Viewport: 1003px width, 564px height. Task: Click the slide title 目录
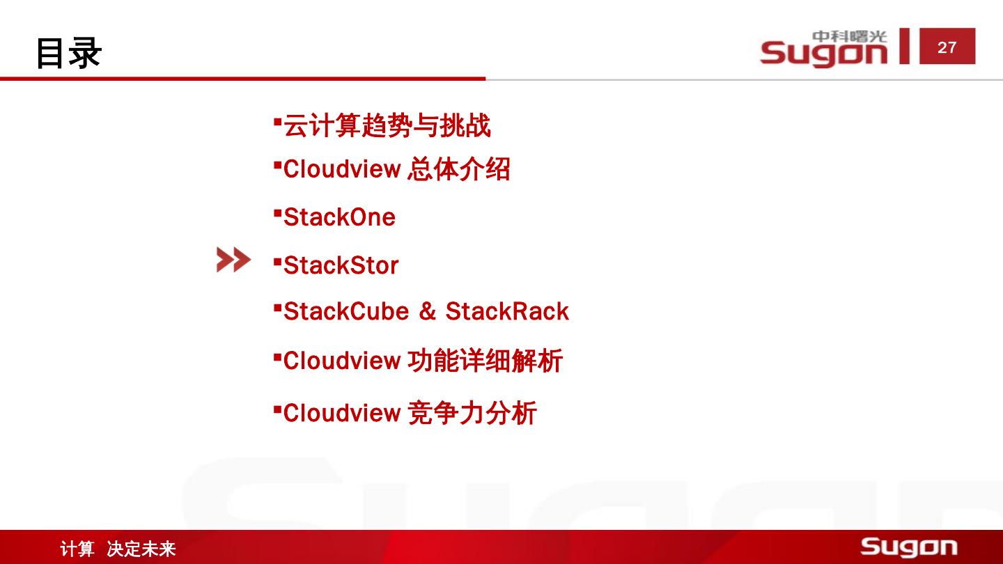coord(69,52)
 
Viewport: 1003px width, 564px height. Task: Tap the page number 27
coord(947,47)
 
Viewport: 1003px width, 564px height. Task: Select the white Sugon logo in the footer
coord(908,547)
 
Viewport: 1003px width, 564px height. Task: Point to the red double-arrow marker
coord(233,260)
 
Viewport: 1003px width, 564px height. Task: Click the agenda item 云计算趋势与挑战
coord(387,126)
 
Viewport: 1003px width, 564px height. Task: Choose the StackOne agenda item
coord(339,217)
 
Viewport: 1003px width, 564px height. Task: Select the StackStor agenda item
coord(341,265)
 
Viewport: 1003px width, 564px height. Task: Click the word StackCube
coord(345,311)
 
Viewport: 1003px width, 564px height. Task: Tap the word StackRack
coord(507,311)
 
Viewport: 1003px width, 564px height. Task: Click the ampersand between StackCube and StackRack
coord(427,312)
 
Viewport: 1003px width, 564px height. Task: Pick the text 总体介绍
coord(458,169)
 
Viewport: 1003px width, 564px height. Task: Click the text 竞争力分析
coord(472,413)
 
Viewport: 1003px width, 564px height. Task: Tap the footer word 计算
coord(77,549)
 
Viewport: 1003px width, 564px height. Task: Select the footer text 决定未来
coord(141,549)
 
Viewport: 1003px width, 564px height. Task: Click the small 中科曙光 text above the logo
coord(849,36)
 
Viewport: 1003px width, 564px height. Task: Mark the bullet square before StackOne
coord(277,212)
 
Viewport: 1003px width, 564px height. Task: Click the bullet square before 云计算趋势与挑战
coord(277,121)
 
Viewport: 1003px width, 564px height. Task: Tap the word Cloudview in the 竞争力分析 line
coord(341,413)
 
